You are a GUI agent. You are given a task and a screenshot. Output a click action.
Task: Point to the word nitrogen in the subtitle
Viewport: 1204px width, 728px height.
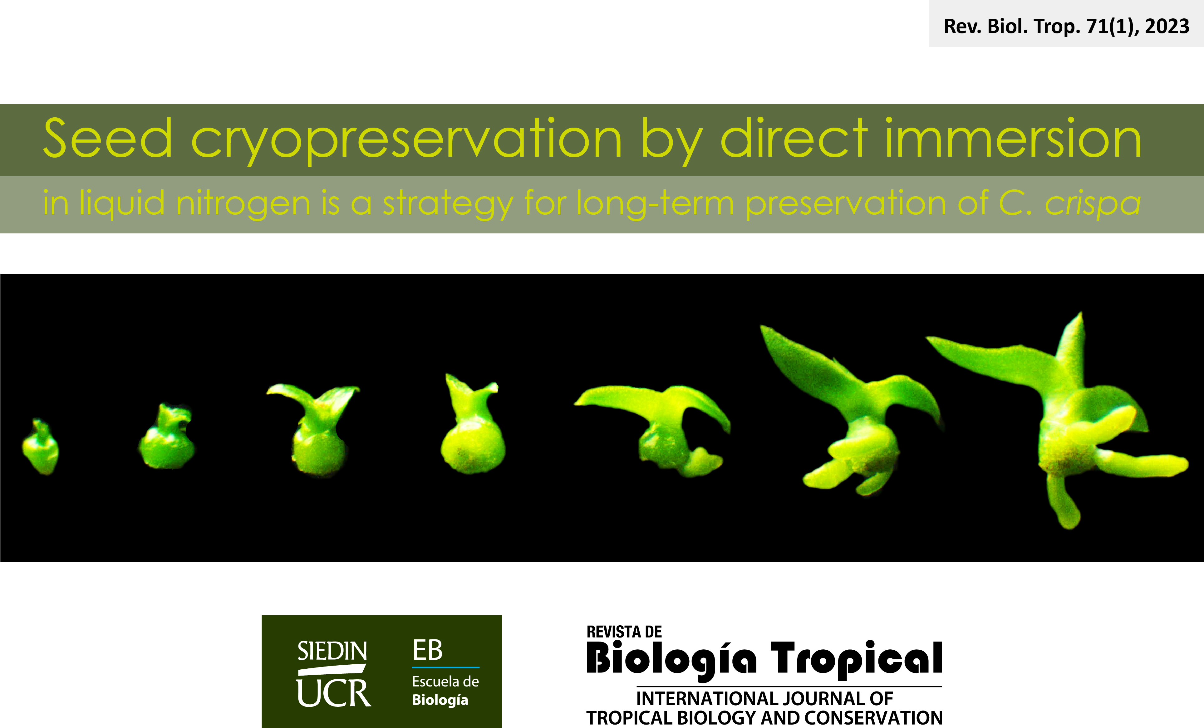(x=243, y=204)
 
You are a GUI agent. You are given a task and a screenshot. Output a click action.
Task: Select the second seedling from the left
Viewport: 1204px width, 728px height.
(x=167, y=436)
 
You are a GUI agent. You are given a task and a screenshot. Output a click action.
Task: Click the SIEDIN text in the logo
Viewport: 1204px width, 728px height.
(x=332, y=651)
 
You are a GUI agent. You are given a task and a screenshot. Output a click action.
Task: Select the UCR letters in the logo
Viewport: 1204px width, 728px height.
(x=334, y=693)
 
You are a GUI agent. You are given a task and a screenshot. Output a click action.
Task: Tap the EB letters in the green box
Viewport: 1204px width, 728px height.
(x=428, y=650)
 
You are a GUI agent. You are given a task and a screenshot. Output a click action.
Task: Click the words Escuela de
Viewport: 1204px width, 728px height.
(x=445, y=681)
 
